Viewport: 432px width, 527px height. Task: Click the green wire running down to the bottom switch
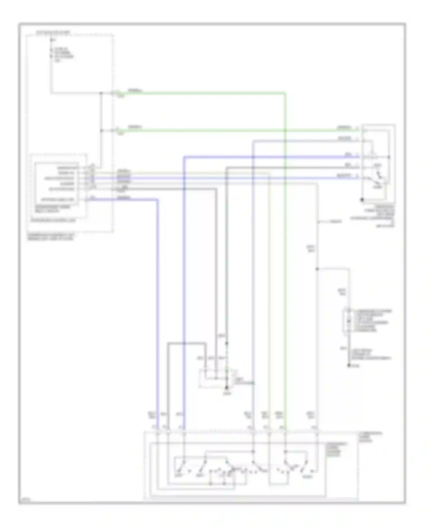click(285, 259)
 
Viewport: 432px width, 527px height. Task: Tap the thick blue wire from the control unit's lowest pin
click(158, 288)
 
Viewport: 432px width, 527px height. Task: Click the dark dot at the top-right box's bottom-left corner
click(362, 199)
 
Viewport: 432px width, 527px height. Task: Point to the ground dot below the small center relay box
click(227, 388)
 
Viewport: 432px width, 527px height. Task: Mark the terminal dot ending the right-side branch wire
click(349, 366)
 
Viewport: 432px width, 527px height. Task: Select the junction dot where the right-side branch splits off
click(317, 269)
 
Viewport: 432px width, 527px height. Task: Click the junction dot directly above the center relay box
click(227, 343)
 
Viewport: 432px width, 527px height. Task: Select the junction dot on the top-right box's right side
click(389, 157)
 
